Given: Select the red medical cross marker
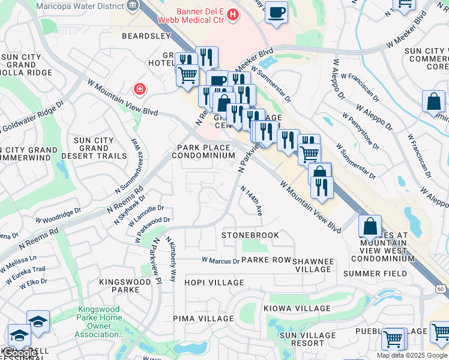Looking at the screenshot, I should click(x=140, y=89).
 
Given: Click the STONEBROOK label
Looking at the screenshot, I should click(x=250, y=235).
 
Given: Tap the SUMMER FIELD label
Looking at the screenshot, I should click(x=370, y=274).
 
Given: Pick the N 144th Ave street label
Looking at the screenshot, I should click(x=252, y=201).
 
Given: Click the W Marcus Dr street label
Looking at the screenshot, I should click(x=220, y=260).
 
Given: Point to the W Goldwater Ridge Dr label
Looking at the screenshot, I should click(x=32, y=116).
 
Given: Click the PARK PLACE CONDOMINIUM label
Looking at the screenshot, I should click(x=203, y=151).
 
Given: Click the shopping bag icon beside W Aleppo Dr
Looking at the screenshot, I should click(x=433, y=103).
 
